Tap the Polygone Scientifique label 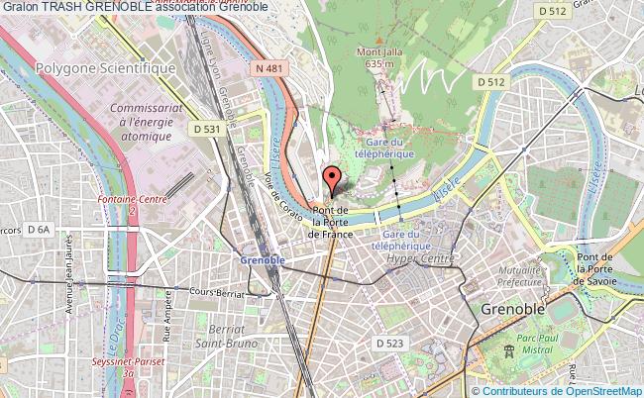[104, 68]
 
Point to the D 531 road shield [206, 129]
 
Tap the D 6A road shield [39, 229]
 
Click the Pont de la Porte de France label [330, 221]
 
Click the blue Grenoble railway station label [263, 258]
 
